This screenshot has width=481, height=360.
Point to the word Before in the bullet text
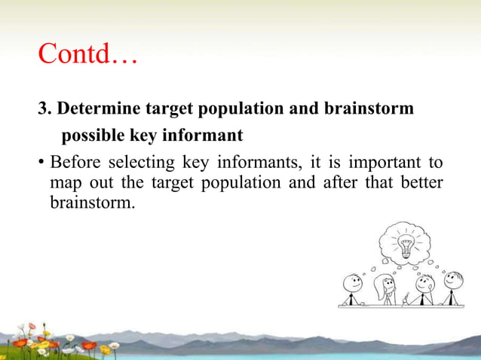(x=75, y=163)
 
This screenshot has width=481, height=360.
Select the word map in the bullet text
(x=63, y=183)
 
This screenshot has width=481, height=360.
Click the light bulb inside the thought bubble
(x=406, y=245)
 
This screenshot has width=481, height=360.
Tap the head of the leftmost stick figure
(x=352, y=283)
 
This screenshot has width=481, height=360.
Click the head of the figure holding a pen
(x=424, y=284)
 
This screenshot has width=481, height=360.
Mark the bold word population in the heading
(x=243, y=108)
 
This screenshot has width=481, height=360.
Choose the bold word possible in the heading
(x=95, y=136)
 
